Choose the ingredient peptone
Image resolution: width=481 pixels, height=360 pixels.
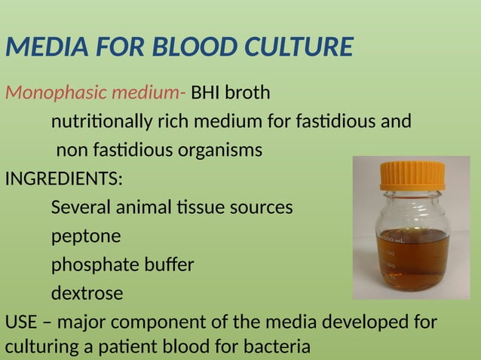[x=85, y=236]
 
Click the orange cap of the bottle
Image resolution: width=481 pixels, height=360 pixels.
[x=412, y=175]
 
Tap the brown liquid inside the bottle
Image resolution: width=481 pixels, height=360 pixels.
[x=413, y=260]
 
